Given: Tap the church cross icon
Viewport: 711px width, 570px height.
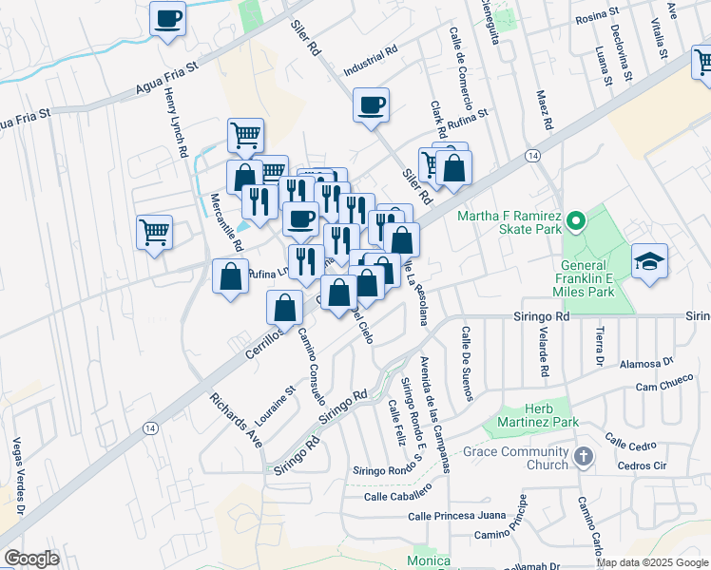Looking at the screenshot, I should (x=584, y=457).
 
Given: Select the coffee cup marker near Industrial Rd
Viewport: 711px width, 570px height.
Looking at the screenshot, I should (x=372, y=104).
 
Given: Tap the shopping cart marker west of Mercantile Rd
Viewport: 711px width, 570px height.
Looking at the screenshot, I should (x=155, y=231).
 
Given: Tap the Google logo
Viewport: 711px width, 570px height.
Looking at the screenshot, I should (x=31, y=559).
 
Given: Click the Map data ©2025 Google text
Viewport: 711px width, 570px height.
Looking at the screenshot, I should (x=652, y=562).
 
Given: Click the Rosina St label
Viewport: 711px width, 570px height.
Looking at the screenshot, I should (x=594, y=18).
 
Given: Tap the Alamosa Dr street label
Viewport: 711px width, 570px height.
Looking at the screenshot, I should (x=646, y=362).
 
